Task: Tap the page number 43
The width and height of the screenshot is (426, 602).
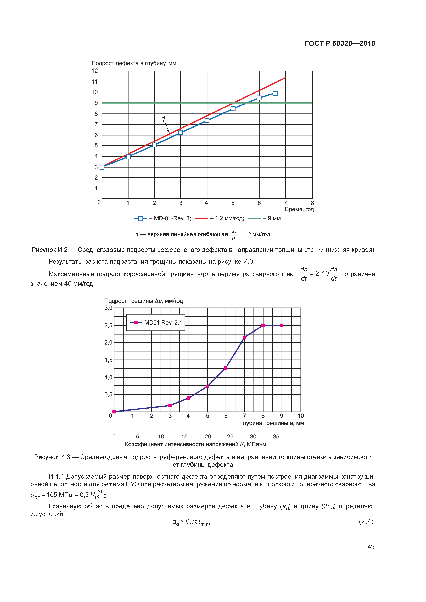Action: (371, 547)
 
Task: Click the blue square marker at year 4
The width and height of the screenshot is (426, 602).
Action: (207, 120)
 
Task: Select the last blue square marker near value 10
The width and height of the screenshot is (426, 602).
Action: (275, 94)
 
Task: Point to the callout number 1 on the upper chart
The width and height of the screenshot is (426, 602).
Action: (164, 119)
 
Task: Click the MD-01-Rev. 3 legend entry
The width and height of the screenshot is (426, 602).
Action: (163, 218)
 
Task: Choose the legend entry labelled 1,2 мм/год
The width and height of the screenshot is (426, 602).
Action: (219, 218)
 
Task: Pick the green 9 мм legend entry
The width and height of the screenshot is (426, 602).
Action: (264, 218)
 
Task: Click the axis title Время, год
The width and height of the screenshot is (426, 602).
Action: (299, 209)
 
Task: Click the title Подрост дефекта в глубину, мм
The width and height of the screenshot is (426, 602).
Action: (134, 63)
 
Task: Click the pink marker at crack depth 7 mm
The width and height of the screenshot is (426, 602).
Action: (244, 337)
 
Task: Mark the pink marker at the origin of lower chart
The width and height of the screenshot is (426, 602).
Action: (114, 412)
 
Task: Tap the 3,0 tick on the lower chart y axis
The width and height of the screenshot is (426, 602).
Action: (108, 308)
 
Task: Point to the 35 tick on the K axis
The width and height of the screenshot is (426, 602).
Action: (276, 437)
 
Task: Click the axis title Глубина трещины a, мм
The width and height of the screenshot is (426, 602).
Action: (272, 423)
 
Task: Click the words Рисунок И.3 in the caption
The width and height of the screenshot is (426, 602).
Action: (52, 457)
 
